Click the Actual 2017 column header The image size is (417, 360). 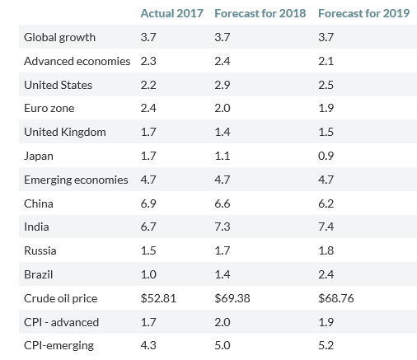pos(171,13)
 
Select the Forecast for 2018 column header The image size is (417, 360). pos(260,13)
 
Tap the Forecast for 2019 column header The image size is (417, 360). pos(363,13)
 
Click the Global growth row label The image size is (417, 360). pos(59,37)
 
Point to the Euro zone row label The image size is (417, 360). pos(49,108)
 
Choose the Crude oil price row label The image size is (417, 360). pos(60,298)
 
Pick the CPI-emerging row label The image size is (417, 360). pos(59,345)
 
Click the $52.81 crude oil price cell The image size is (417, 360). pos(158,298)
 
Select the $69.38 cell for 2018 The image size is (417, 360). pos(232,298)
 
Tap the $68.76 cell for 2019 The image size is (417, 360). pos(336,298)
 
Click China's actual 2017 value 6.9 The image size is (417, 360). pos(148,203)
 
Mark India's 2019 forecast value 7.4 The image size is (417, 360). pos(326,227)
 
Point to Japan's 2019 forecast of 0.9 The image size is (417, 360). pos(326,156)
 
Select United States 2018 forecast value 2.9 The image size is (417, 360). pos(223,85)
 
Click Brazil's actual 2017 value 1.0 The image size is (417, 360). pos(148,274)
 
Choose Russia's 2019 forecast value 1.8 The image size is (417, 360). pos(326,250)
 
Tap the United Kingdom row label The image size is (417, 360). pos(65,132)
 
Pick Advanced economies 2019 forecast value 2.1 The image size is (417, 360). pos(326,61)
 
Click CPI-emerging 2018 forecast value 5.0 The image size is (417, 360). pos(223,345)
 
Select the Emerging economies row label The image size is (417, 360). pos(76,180)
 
